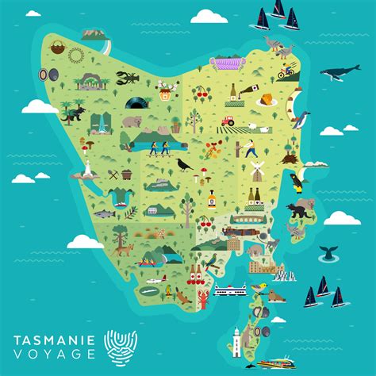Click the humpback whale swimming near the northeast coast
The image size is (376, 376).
click(x=340, y=74)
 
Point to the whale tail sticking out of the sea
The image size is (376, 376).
click(x=326, y=253)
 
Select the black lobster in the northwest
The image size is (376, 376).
click(x=127, y=78)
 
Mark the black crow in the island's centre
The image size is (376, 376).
click(x=184, y=165)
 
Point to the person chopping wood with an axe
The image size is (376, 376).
click(x=251, y=148)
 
